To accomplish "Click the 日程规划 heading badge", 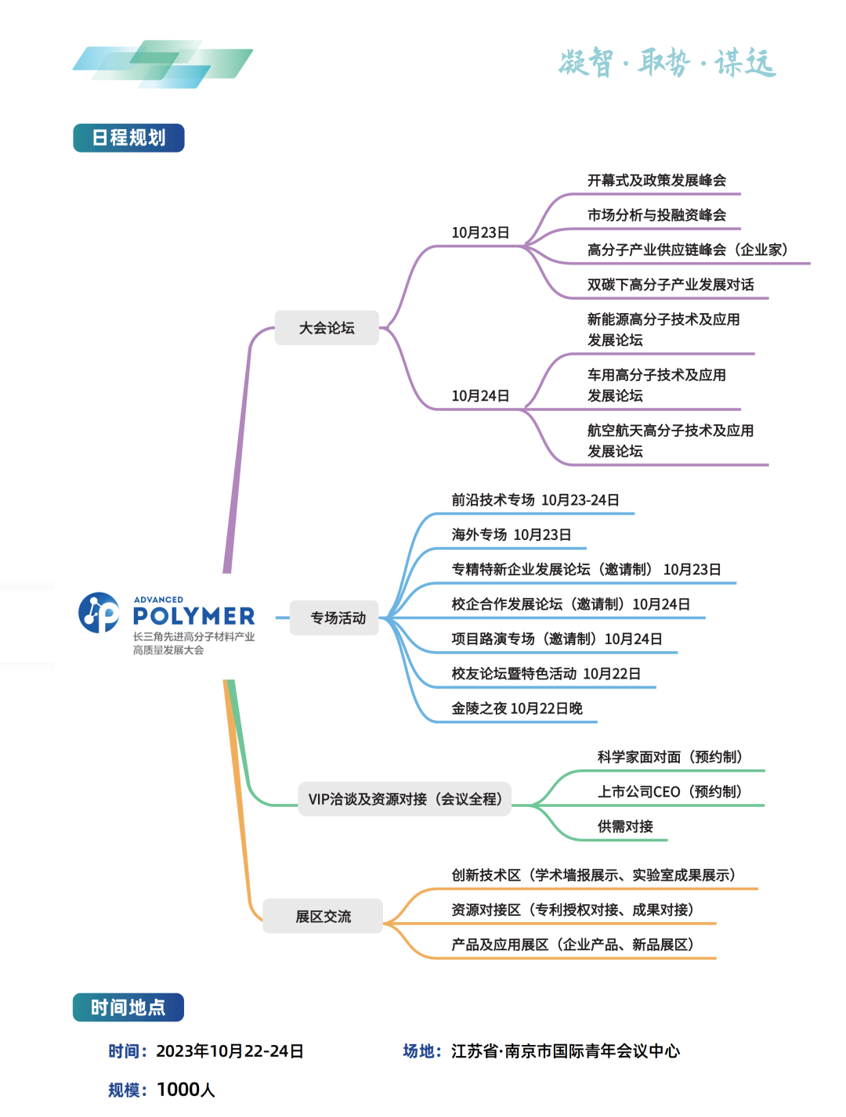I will pos(128,138).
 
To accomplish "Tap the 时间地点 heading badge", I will pos(128,1007).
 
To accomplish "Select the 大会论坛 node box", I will pos(327,328).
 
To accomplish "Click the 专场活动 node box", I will pos(338,618).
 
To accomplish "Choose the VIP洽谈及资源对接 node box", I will pos(404,799).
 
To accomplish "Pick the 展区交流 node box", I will pos(323,917).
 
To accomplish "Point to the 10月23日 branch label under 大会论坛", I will pos(480,232).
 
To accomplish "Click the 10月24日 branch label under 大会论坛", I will pos(480,396).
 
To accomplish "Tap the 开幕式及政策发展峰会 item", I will pos(656,181).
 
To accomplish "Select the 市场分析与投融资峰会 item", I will pos(656,215).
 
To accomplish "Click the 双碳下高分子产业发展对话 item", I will pos(671,285).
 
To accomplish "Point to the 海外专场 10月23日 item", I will pos(511,535).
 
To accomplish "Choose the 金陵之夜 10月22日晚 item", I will pos(517,708).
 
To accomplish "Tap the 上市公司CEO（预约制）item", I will pos(670,792).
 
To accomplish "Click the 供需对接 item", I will pos(625,827).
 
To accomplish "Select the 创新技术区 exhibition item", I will pos(593,875).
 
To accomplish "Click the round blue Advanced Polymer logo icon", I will pos(99,612).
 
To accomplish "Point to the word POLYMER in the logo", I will pos(193,617).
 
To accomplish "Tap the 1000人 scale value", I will pos(186,1090).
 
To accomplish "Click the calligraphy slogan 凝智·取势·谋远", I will pos(667,63).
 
